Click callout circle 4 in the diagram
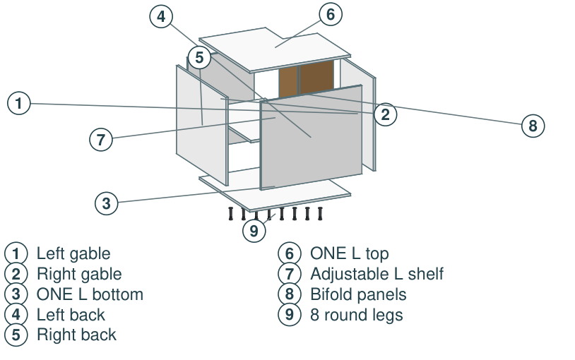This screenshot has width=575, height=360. (161, 16)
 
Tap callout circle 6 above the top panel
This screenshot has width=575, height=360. (331, 14)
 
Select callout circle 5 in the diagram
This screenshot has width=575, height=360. (199, 58)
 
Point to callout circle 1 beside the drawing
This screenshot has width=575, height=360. (18, 103)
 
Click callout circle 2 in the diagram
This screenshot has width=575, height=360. (385, 114)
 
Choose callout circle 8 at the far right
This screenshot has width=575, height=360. (533, 126)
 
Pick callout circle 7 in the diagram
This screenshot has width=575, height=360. (101, 139)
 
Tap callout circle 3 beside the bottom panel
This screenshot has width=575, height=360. (107, 203)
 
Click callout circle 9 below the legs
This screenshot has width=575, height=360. (254, 231)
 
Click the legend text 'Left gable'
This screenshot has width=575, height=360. (73, 253)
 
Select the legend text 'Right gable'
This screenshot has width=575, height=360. (79, 274)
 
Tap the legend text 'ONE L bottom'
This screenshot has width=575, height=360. (90, 294)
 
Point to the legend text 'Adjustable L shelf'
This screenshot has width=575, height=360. (377, 274)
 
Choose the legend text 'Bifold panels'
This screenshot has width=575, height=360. (358, 294)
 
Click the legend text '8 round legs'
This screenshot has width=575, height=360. (357, 315)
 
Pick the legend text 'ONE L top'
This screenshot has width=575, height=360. (350, 253)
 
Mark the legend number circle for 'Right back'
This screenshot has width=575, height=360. (16, 335)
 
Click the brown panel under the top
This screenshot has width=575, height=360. (307, 78)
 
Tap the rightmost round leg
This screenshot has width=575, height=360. (320, 214)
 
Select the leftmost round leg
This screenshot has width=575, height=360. (231, 214)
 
